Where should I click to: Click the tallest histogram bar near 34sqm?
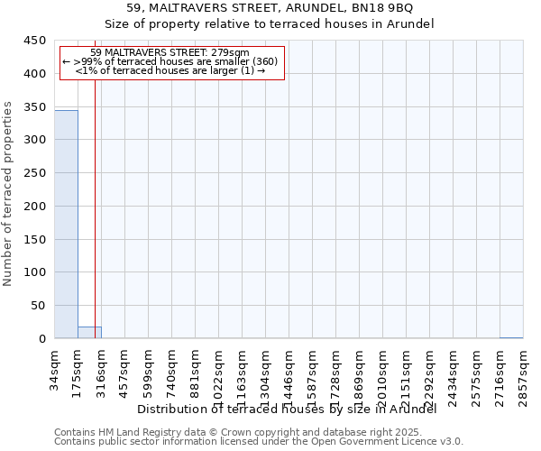click(x=66, y=225)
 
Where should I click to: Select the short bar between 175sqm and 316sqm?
click(x=89, y=333)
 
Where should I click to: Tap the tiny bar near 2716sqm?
click(x=510, y=337)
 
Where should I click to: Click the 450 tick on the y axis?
click(x=34, y=41)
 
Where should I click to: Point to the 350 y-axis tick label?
click(x=34, y=107)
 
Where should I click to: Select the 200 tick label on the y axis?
click(x=34, y=207)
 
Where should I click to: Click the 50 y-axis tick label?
click(x=38, y=307)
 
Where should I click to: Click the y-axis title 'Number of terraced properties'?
click(x=9, y=194)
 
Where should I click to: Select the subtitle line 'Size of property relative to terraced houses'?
click(x=270, y=24)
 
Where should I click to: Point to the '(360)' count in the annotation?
click(x=266, y=61)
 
